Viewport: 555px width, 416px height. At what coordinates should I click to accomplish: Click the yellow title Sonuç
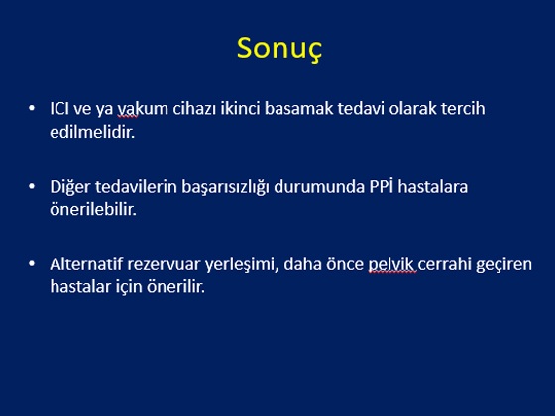[x=279, y=50]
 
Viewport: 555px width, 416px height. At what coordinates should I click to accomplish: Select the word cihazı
[x=194, y=108]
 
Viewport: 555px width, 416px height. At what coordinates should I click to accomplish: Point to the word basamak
[x=298, y=108]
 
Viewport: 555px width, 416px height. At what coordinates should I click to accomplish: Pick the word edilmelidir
[x=92, y=132]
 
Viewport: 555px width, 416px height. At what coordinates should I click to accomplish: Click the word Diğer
[x=70, y=187]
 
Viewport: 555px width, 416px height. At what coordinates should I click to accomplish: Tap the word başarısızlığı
[x=226, y=187]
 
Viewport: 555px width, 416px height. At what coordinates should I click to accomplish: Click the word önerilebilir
[x=93, y=209]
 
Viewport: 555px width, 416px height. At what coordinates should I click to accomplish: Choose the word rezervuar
[x=164, y=265]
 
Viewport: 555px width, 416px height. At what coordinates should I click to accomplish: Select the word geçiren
[x=503, y=265]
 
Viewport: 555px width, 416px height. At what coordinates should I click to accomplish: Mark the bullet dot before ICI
[x=32, y=108]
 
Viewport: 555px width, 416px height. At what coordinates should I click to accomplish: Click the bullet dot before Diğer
[x=32, y=186]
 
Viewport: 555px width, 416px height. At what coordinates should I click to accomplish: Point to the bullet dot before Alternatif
[x=32, y=263]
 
